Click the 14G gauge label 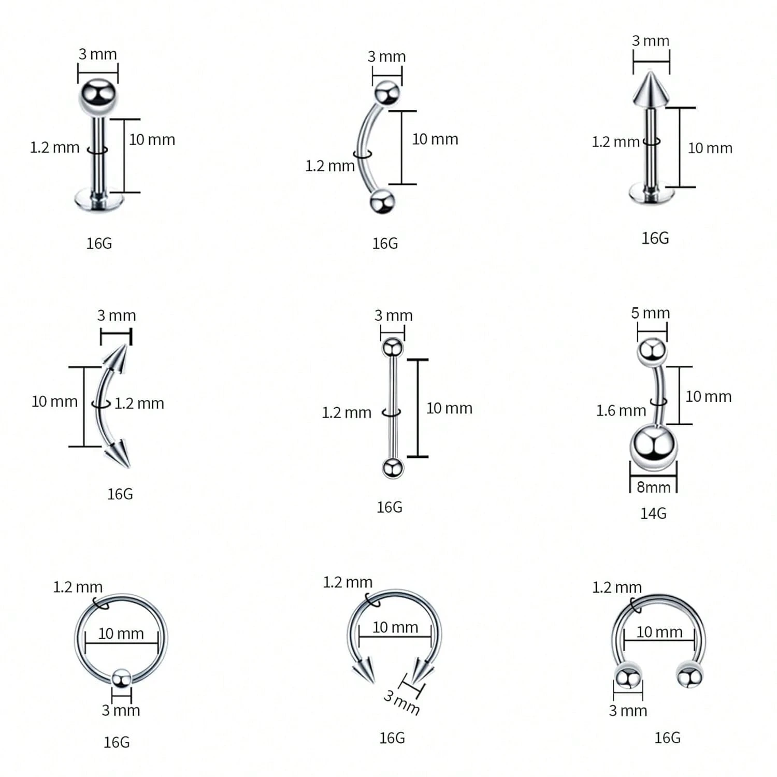653,513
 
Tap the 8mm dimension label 653,487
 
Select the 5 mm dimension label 650,313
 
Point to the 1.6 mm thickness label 621,411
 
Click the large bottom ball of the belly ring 653,447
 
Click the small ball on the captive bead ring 121,678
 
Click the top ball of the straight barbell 393,347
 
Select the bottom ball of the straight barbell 393,468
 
